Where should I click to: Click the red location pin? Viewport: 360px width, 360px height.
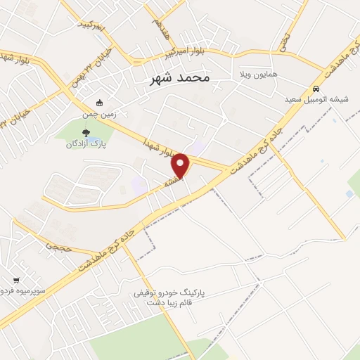click(x=181, y=165)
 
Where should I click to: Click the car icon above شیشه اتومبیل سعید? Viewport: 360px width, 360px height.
click(x=316, y=89)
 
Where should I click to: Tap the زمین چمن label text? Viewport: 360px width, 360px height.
click(x=98, y=113)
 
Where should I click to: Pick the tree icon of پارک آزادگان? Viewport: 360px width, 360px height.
click(x=86, y=131)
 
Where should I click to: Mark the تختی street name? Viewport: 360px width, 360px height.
click(x=285, y=41)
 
